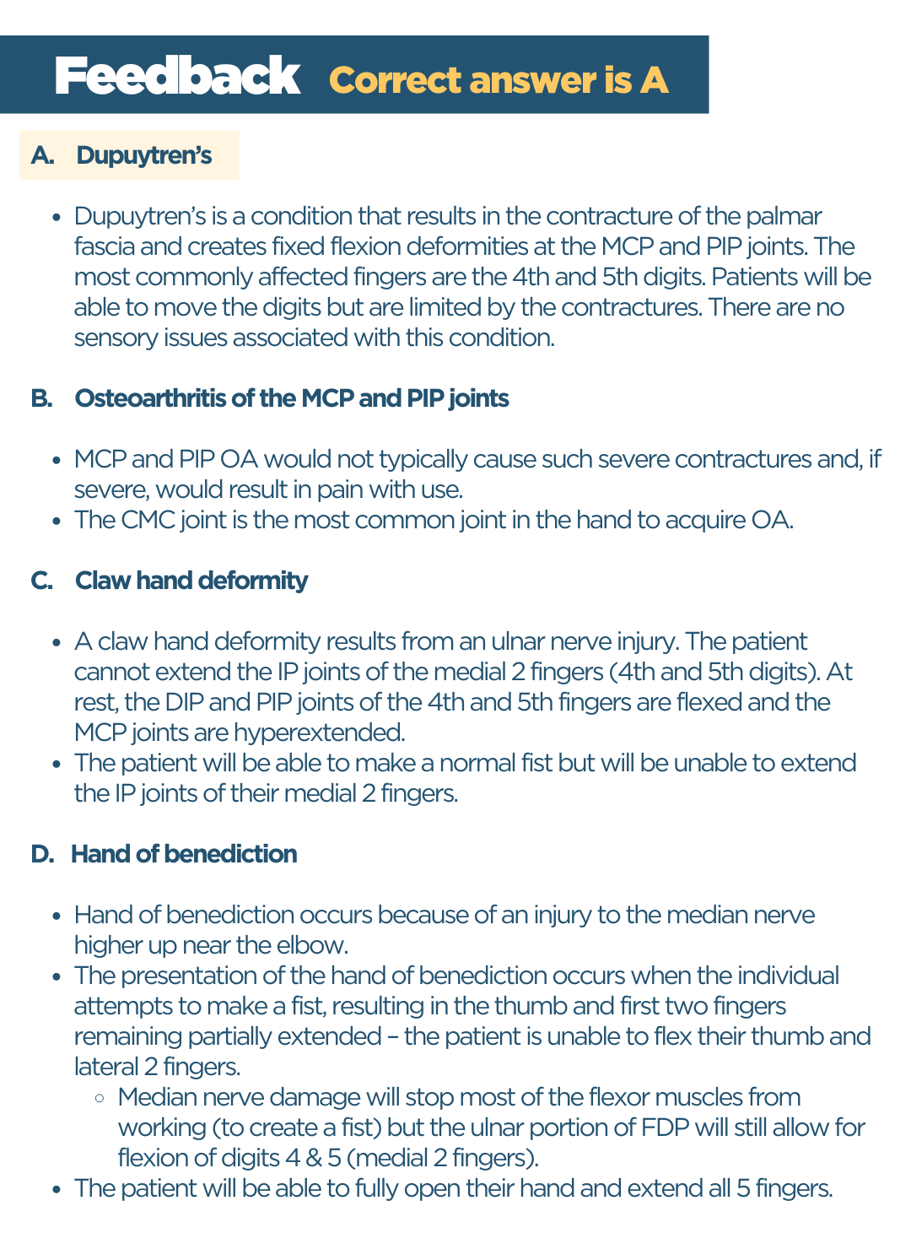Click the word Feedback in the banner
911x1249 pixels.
coord(177,77)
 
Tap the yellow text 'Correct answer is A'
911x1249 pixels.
coord(499,80)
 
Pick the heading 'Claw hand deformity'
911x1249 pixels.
coord(191,581)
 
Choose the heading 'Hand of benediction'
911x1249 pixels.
coord(184,854)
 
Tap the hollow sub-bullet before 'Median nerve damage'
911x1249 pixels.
coord(100,1098)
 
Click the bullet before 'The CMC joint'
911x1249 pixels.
coord(57,521)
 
